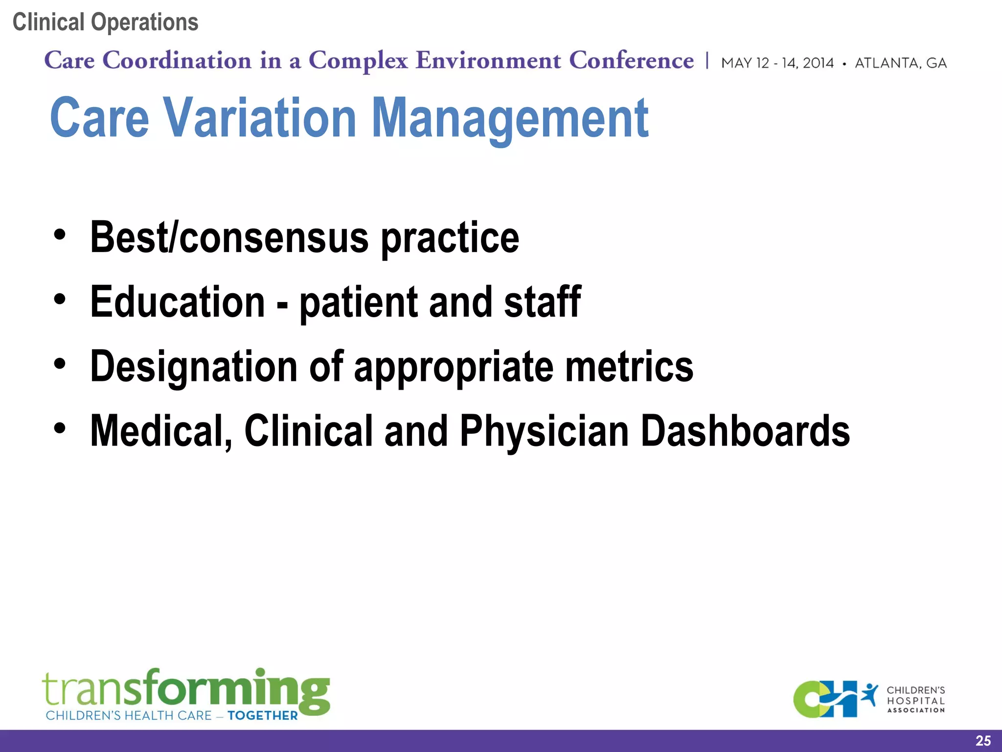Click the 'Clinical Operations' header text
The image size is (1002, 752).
coord(105,23)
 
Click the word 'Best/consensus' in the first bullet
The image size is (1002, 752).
coord(229,238)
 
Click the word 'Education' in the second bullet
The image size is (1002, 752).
coord(178,302)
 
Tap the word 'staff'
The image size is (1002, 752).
coord(542,302)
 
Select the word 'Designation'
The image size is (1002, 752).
coord(194,367)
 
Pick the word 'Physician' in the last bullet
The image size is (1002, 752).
coord(544,431)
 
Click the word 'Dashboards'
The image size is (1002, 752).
coord(745,431)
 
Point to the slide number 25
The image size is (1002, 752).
coord(983,741)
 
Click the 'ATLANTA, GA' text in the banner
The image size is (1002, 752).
coord(900,63)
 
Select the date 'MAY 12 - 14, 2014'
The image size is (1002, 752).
coord(777,63)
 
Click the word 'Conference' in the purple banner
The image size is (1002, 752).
coord(631,61)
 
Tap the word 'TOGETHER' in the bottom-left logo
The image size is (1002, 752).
coord(262,716)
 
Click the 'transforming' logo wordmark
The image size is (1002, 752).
coord(186,689)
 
